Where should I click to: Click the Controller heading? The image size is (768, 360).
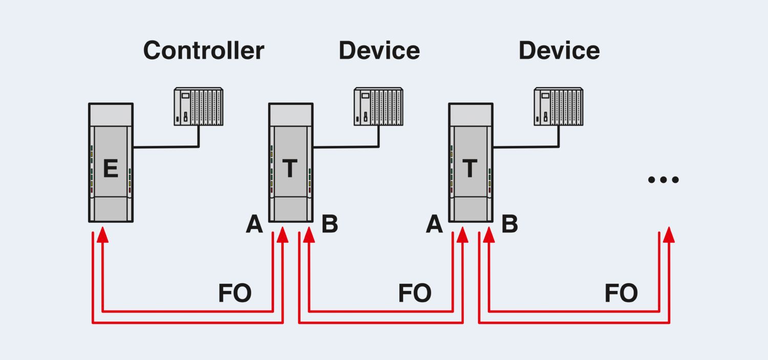click(203, 51)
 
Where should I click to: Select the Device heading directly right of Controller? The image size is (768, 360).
click(379, 51)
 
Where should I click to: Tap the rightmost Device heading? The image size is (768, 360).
click(559, 51)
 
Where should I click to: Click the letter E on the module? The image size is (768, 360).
click(110, 169)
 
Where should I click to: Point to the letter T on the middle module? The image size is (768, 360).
click(290, 169)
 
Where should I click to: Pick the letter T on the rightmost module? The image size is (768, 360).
click(470, 169)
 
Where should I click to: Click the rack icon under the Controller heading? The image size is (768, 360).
click(198, 107)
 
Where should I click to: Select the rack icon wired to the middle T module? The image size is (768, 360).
click(378, 107)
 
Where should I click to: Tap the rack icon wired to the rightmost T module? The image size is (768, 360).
click(558, 107)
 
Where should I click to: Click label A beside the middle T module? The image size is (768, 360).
click(254, 224)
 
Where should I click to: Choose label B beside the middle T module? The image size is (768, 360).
click(330, 224)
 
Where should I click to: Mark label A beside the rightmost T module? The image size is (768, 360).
click(434, 224)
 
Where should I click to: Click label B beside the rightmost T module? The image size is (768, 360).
click(509, 224)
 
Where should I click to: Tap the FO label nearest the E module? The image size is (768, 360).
click(234, 293)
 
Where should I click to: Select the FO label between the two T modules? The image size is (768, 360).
click(415, 293)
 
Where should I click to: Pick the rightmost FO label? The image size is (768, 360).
click(621, 293)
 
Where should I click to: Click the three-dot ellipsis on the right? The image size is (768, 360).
click(663, 180)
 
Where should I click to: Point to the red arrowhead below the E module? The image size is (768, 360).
click(103, 235)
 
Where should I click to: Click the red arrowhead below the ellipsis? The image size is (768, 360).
click(669, 235)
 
